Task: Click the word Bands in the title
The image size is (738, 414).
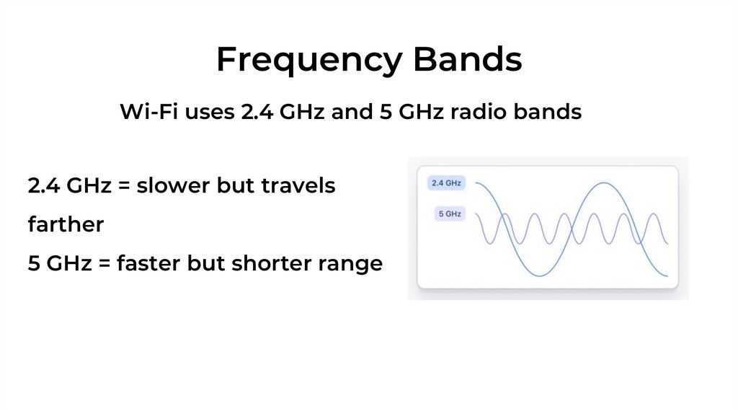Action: point(467,60)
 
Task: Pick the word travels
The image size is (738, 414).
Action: point(298,186)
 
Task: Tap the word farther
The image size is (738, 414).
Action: point(66,225)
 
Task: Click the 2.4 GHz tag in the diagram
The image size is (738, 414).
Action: point(445,183)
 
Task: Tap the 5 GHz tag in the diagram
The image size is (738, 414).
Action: point(450,214)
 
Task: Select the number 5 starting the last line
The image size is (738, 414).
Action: point(34,264)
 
